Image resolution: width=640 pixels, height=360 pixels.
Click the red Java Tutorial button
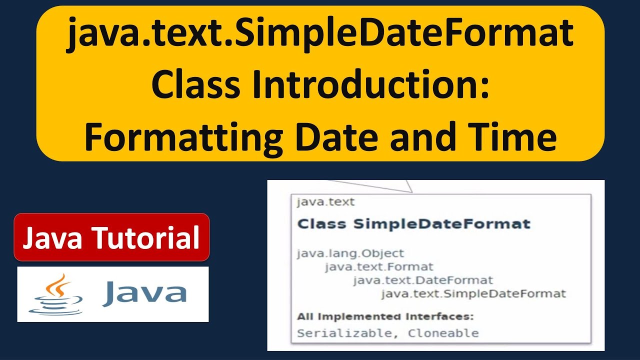click(111, 237)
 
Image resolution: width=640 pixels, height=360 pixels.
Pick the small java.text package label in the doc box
click(325, 202)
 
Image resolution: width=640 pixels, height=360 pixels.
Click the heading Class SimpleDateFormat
click(413, 223)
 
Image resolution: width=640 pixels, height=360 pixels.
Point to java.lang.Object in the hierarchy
click(350, 253)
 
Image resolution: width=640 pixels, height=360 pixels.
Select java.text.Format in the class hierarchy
click(379, 267)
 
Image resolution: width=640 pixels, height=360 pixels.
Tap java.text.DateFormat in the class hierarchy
click(422, 280)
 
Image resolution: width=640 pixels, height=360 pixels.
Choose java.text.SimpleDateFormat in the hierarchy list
click(473, 293)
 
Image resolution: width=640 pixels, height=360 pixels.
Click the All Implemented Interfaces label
click(385, 316)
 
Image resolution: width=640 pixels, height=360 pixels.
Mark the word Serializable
click(344, 333)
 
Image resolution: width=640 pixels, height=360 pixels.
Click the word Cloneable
click(443, 333)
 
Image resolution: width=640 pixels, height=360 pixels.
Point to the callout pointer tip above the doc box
click(411, 191)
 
